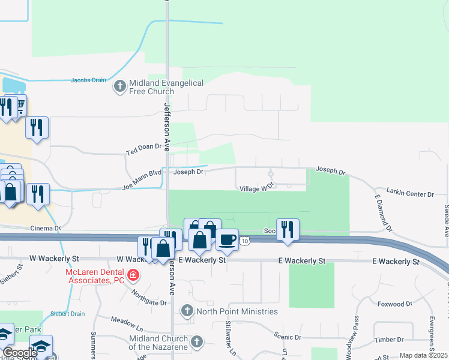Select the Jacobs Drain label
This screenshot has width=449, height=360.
click(88, 79)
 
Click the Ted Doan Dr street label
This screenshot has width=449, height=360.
click(144, 146)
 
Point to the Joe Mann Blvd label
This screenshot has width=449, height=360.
click(142, 179)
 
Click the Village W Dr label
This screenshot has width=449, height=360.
click(256, 188)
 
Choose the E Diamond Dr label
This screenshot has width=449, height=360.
click(382, 213)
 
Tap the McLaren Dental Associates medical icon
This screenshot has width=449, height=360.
click(133, 276)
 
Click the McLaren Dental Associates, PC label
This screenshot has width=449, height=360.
click(94, 276)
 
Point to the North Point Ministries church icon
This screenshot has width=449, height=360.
click(187, 311)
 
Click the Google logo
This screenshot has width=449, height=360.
click(20, 353)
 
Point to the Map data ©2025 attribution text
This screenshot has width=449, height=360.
click(423, 355)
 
